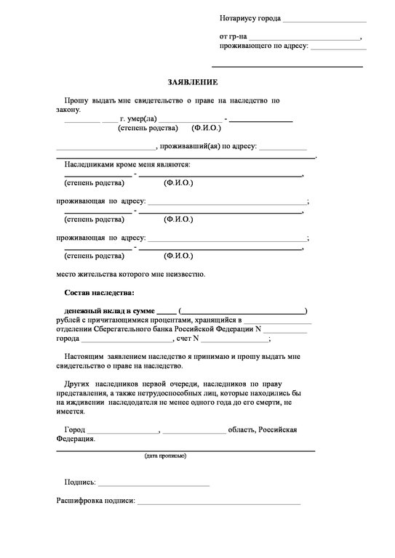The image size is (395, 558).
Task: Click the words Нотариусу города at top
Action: pos(250,17)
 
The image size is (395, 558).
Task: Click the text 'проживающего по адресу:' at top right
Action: pos(264,46)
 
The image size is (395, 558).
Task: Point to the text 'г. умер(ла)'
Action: pos(138,119)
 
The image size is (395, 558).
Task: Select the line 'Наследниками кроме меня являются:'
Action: pos(121,165)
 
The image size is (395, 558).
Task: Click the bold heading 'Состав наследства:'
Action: pos(99,292)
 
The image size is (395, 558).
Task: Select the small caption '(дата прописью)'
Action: pos(165,456)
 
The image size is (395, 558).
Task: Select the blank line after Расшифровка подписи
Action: pos(219,503)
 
